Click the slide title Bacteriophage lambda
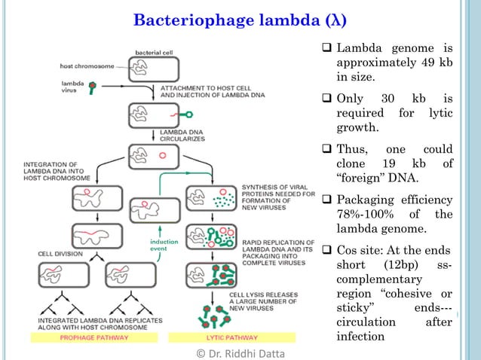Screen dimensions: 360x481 click(230, 19)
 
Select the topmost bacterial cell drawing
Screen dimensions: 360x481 click(156, 70)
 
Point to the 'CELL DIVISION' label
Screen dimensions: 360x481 click(60, 254)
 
